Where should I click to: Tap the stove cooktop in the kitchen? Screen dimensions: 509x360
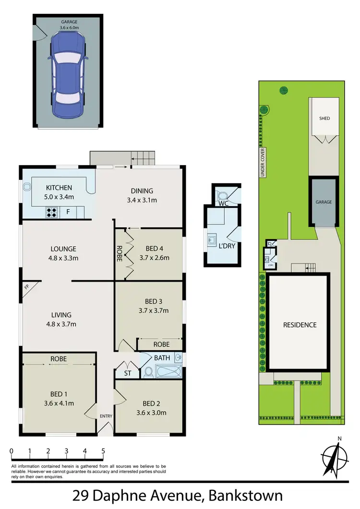point(52,212)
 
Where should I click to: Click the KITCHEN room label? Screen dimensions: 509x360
point(59,188)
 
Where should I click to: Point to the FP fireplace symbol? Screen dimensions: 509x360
point(26,287)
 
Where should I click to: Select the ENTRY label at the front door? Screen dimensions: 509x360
point(105,416)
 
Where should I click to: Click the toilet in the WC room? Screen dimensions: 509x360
point(222,196)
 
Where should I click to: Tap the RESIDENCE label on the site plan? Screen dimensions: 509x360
point(299,325)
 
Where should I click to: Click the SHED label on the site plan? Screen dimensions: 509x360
point(324,118)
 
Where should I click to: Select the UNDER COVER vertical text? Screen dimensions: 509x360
point(263,163)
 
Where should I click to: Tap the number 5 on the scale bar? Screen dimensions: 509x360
point(103,451)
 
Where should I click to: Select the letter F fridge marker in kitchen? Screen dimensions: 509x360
point(68,211)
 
